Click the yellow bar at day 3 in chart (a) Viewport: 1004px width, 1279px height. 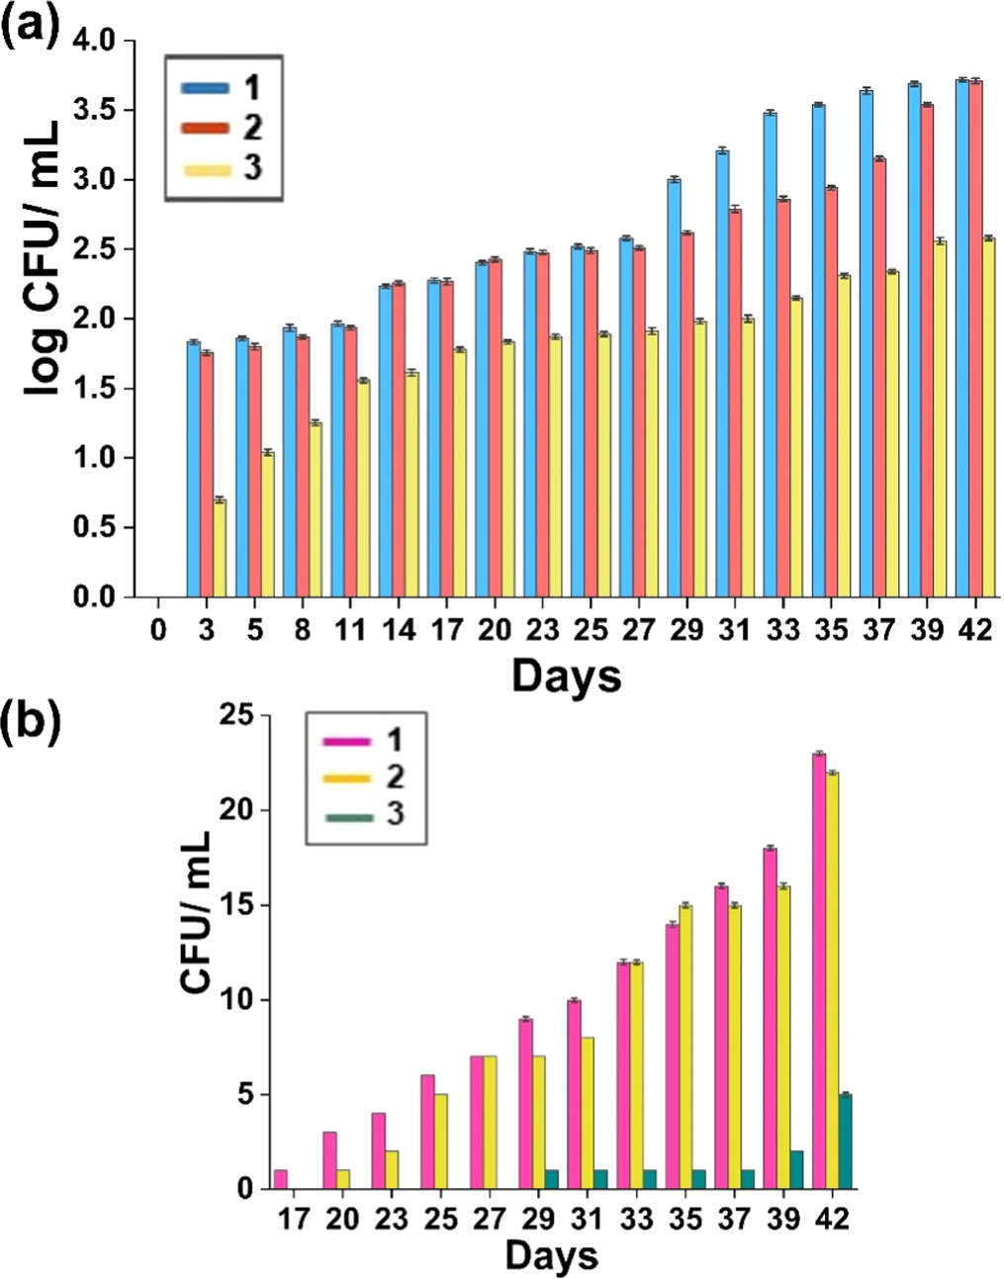[x=220, y=549]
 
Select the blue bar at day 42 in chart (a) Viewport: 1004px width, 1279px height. [x=962, y=339]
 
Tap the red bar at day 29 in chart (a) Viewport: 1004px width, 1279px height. [x=686, y=415]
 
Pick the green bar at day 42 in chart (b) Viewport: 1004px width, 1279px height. [x=845, y=1142]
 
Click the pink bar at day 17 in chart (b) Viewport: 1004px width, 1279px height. [x=281, y=1179]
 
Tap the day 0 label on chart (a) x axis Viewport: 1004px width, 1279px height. [x=158, y=630]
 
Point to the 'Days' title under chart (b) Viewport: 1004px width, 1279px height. [x=551, y=1256]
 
